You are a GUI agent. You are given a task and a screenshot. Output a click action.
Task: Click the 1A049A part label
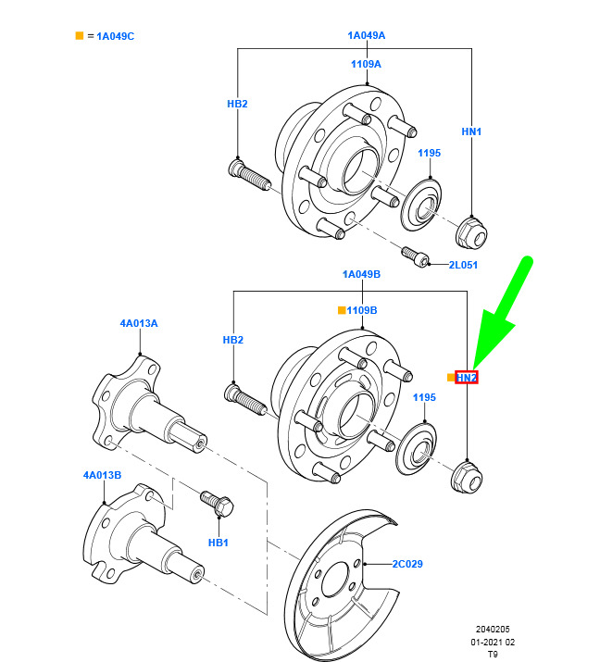pyautogui.click(x=366, y=35)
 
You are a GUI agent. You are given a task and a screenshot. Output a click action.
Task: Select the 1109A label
pyautogui.click(x=366, y=64)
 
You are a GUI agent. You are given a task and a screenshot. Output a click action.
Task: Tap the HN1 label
pyautogui.click(x=471, y=132)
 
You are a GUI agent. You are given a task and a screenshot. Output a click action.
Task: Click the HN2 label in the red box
pyautogui.click(x=467, y=378)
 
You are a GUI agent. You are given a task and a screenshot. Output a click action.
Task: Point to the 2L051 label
pyautogui.click(x=462, y=264)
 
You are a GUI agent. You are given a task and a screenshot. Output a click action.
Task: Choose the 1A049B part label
pyautogui.click(x=362, y=275)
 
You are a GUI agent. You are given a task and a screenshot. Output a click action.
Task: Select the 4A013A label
pyautogui.click(x=139, y=323)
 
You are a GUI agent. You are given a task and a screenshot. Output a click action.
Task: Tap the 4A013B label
pyautogui.click(x=102, y=475)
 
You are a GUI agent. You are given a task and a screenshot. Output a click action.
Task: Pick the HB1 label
pyautogui.click(x=218, y=542)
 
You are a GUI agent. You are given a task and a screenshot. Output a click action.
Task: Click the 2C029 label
pyautogui.click(x=407, y=563)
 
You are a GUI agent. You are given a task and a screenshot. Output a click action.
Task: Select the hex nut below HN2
pyautogui.click(x=465, y=478)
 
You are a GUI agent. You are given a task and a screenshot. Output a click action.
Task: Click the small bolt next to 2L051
pyautogui.click(x=413, y=255)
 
